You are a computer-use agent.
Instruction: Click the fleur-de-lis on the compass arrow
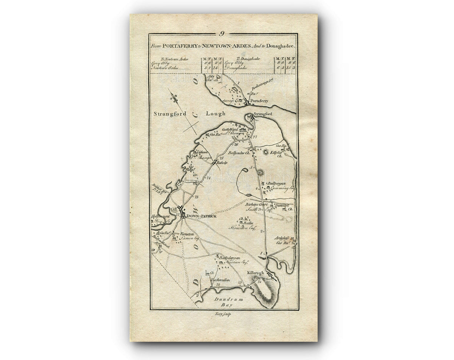pos(174,98)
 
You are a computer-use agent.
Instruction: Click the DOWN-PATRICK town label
pos(196,216)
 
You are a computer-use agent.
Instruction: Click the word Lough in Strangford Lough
pos(216,114)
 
